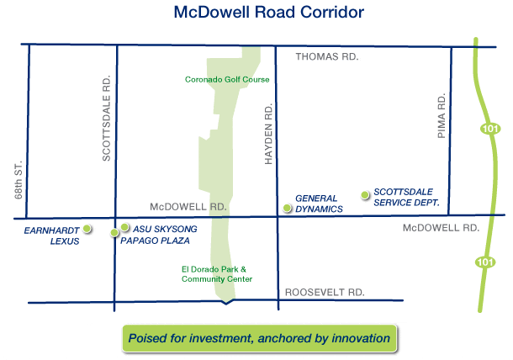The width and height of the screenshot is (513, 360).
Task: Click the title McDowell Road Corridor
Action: pyautogui.click(x=268, y=13)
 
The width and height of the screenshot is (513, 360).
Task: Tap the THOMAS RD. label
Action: pyautogui.click(x=327, y=57)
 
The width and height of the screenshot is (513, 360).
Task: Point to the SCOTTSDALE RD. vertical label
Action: pyautogui.click(x=106, y=118)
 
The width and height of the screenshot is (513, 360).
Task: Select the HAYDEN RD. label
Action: pyautogui.click(x=268, y=134)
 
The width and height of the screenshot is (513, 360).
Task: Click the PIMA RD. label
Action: pyautogui.click(x=442, y=116)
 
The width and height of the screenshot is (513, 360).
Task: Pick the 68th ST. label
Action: pyautogui.click(x=19, y=180)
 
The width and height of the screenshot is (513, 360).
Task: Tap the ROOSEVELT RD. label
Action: pyautogui.click(x=325, y=292)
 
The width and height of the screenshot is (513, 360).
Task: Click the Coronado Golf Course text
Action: pyautogui.click(x=227, y=80)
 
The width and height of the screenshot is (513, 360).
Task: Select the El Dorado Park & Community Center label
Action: pyautogui.click(x=217, y=274)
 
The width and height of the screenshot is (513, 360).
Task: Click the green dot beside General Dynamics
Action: pyautogui.click(x=287, y=208)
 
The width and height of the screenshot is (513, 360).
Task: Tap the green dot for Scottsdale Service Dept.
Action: pyautogui.click(x=365, y=195)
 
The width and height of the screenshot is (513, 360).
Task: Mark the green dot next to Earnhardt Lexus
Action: pyautogui.click(x=87, y=229)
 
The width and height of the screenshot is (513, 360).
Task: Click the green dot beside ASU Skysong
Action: pyautogui.click(x=124, y=227)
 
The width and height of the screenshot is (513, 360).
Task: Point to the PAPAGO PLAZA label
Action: pyautogui.click(x=155, y=241)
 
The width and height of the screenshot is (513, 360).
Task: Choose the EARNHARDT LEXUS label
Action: pyautogui.click(x=51, y=236)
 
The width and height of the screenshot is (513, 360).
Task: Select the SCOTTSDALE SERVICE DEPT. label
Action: pyautogui.click(x=406, y=198)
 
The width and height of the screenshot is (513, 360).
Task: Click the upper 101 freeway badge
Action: pyautogui.click(x=490, y=129)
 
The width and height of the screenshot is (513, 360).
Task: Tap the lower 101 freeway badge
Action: pyautogui.click(x=485, y=262)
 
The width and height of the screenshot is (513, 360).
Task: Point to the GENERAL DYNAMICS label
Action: pyautogui.click(x=319, y=204)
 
